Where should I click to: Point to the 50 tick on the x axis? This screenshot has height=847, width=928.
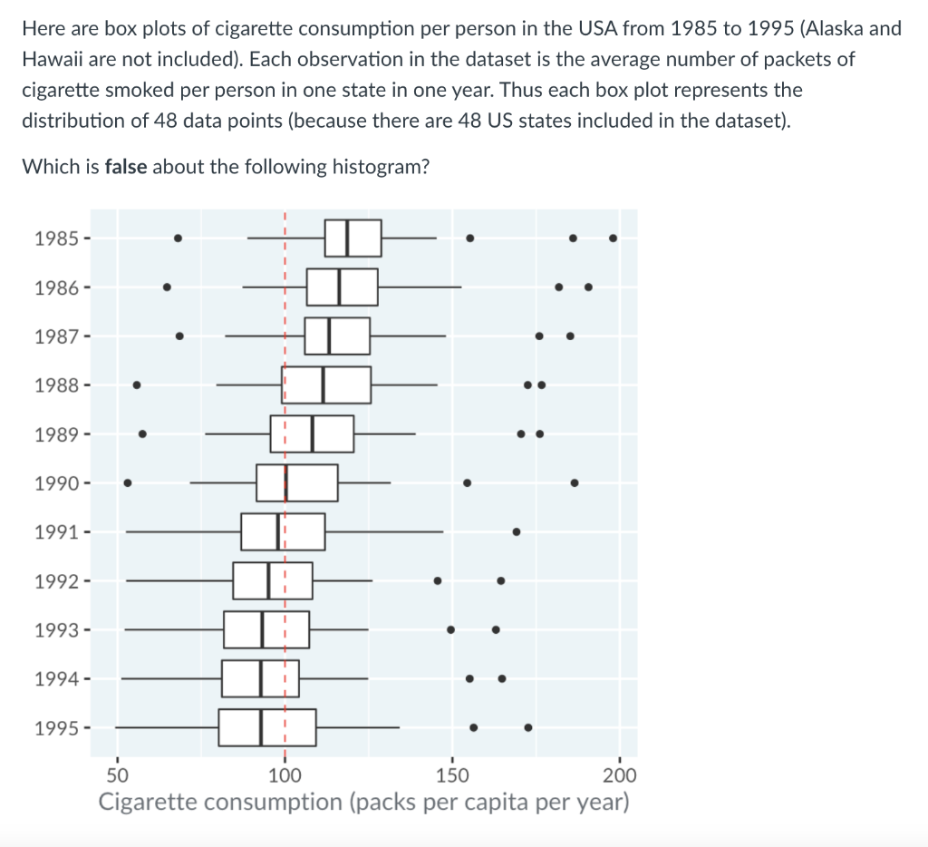coord(117,775)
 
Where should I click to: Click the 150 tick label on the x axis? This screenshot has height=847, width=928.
coord(452,775)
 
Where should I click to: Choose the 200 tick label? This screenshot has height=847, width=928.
coord(620,775)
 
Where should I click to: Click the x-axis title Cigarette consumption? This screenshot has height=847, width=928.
coord(363,803)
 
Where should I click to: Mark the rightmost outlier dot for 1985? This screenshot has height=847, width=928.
coord(614,239)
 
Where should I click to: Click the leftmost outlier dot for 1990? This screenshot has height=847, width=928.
coord(128,482)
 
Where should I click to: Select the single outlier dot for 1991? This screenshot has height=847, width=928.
coord(517,531)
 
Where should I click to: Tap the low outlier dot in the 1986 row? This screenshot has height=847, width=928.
coord(167,287)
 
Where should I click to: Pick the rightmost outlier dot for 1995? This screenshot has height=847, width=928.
coord(528,727)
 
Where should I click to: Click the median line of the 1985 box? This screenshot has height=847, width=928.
coord(348,239)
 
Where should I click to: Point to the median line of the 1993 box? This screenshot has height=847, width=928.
coord(263,629)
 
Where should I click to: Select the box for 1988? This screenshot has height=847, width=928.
coord(326,385)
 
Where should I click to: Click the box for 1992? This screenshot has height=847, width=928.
coord(272,580)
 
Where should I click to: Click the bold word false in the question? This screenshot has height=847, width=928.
coord(126,167)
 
